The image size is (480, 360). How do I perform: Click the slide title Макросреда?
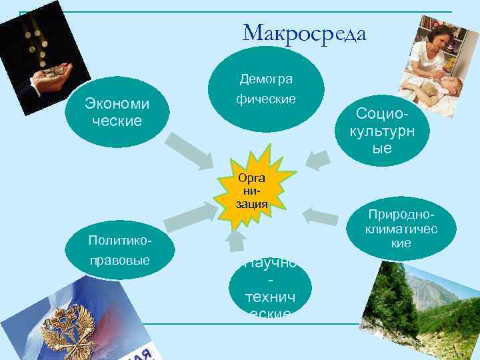click(x=305, y=32)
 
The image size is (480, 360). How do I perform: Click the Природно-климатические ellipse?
click(x=401, y=227)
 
